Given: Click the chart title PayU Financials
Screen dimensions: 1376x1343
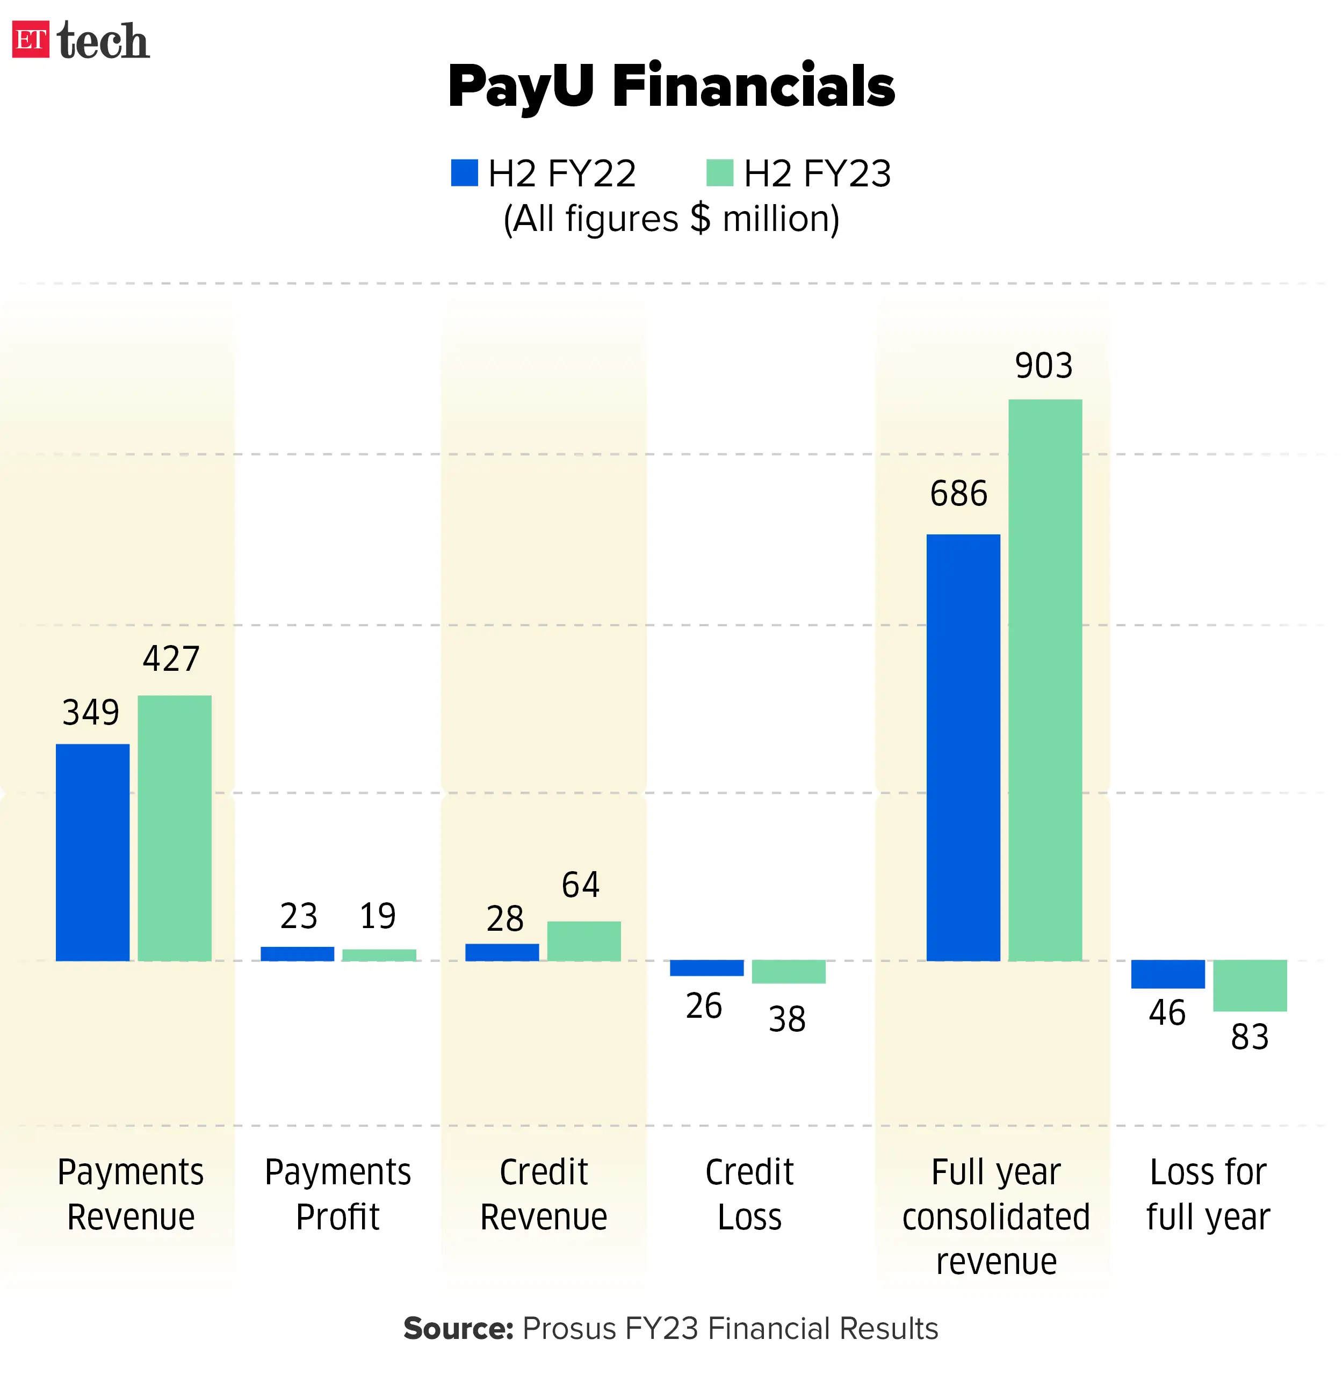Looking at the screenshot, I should pyautogui.click(x=671, y=86).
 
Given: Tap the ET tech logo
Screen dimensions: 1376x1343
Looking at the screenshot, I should pyautogui.click(x=81, y=40).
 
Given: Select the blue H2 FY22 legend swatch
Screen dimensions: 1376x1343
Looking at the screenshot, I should pyautogui.click(x=464, y=173).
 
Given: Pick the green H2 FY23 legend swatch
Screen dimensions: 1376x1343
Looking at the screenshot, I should pyautogui.click(x=719, y=173).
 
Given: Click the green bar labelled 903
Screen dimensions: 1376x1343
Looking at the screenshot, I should pyautogui.click(x=1045, y=680).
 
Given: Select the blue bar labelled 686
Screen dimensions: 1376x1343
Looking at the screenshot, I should pyautogui.click(x=963, y=747).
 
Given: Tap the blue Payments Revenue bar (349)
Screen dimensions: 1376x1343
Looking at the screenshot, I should pyautogui.click(x=92, y=852).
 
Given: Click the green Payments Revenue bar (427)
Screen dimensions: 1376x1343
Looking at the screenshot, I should pyautogui.click(x=174, y=828).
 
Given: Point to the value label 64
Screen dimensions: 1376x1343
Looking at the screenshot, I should pyautogui.click(x=581, y=885).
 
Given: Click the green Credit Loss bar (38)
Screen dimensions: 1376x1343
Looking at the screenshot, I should pyautogui.click(x=788, y=971).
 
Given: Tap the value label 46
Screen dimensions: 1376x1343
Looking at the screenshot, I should pyautogui.click(x=1167, y=1013).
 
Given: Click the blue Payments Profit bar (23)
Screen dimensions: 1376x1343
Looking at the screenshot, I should pyautogui.click(x=297, y=953).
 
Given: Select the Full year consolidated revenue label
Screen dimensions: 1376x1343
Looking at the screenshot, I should pyautogui.click(x=995, y=1216).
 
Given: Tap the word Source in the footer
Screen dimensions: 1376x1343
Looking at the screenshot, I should pyautogui.click(x=457, y=1329).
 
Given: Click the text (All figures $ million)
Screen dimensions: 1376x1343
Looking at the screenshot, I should pyautogui.click(x=671, y=219).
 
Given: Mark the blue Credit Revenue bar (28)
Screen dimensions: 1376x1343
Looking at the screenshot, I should pyautogui.click(x=502, y=952).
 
